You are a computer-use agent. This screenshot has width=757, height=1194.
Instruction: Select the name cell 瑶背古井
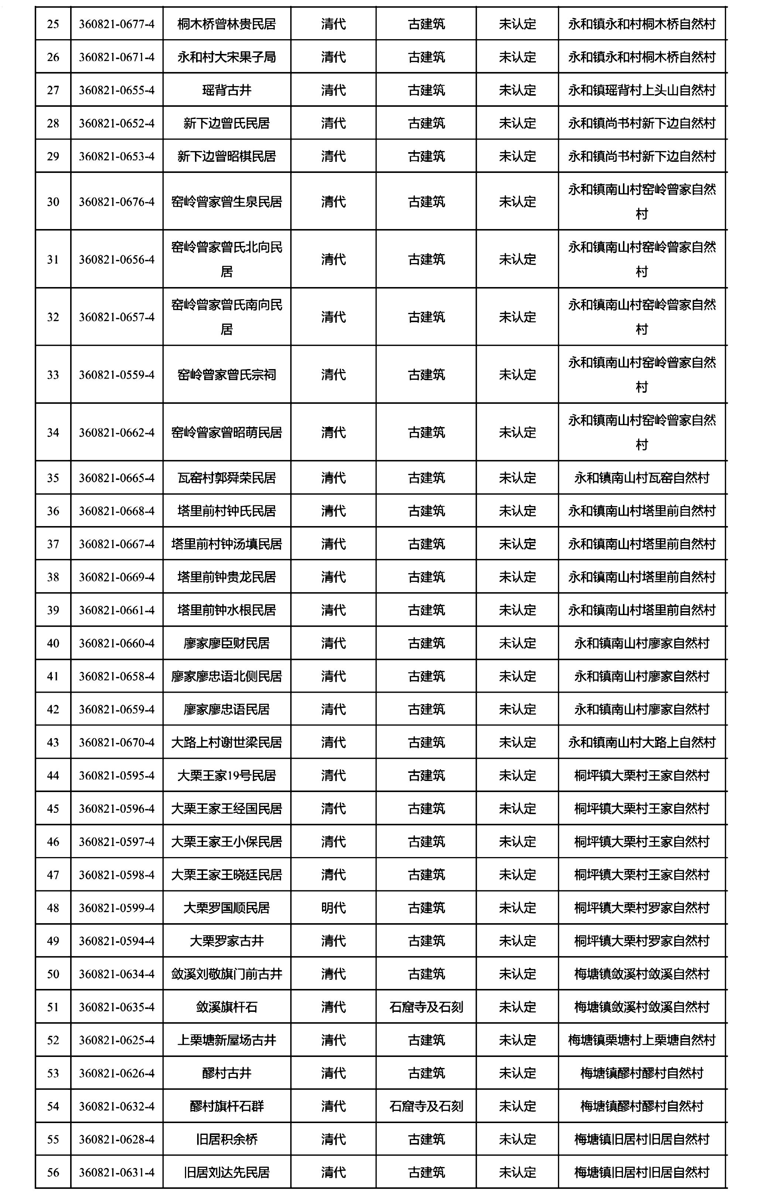(227, 90)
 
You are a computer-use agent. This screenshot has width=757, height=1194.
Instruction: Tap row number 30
(53, 202)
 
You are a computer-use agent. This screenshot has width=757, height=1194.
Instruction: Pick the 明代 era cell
(333, 908)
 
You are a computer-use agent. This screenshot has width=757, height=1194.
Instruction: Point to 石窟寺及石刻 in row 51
(427, 1007)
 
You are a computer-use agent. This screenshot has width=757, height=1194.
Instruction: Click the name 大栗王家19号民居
(227, 775)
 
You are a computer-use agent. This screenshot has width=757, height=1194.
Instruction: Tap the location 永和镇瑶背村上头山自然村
(642, 90)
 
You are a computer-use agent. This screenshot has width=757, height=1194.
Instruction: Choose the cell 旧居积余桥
(227, 1139)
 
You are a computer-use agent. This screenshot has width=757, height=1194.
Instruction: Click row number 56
(53, 1173)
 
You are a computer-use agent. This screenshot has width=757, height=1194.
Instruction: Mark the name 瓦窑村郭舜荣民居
(227, 478)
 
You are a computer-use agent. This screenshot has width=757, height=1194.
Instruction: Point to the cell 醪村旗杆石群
(227, 1106)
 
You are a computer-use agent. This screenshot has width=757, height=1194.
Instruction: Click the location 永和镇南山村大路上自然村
(642, 742)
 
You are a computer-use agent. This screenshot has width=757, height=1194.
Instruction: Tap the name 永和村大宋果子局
(227, 57)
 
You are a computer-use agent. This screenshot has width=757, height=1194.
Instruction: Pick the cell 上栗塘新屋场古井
(227, 1040)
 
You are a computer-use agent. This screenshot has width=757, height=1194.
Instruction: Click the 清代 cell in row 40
(333, 643)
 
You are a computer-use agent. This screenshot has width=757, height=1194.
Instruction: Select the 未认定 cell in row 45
(517, 809)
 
